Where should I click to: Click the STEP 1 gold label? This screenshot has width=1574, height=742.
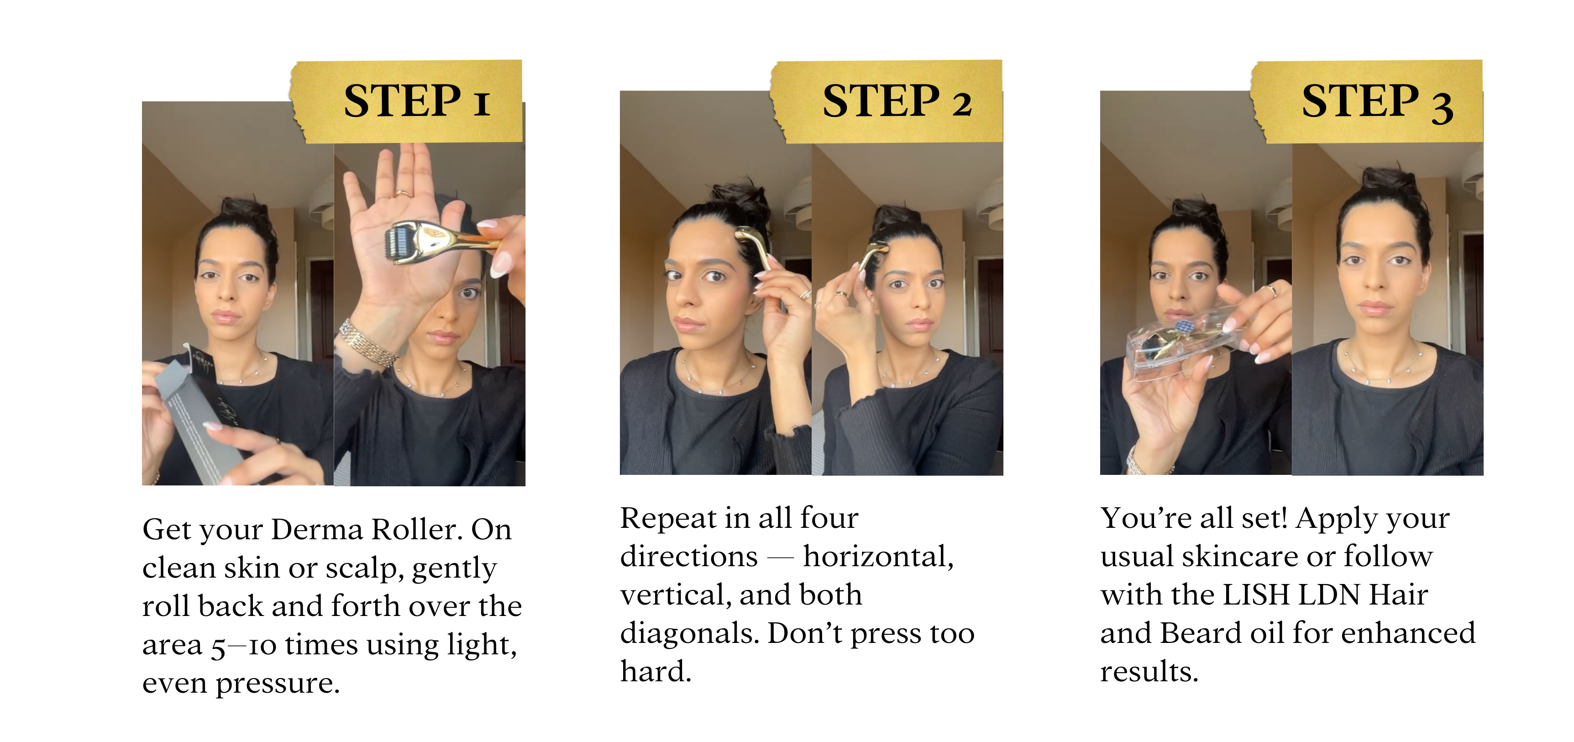click(x=406, y=101)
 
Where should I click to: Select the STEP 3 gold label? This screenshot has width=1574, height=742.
click(x=1367, y=101)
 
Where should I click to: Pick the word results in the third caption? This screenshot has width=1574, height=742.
click(x=1149, y=672)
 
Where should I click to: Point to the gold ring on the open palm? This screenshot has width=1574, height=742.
click(x=403, y=193)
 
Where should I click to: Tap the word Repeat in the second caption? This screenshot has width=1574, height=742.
click(x=668, y=519)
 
